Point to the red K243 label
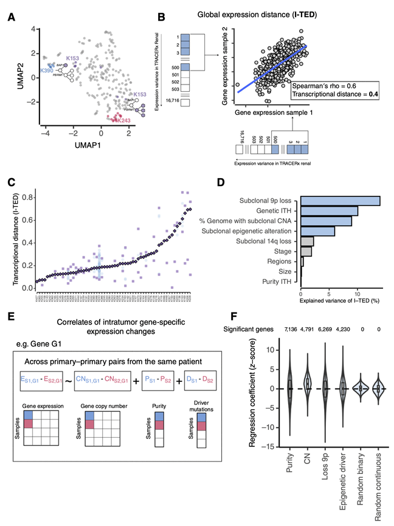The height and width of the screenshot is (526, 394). coord(123,121)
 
